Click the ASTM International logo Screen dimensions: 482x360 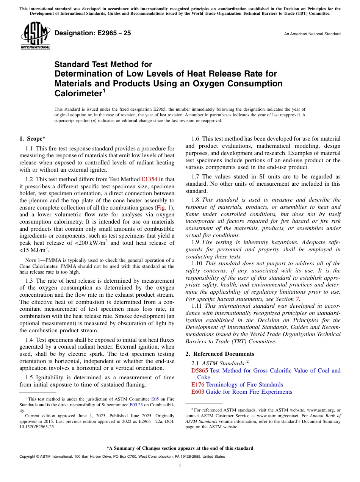(35, 36)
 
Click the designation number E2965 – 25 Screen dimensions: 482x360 (93, 33)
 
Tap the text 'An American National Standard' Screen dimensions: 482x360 (312, 34)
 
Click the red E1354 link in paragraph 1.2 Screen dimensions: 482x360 (149, 179)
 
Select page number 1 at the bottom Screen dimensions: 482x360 (180, 465)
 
